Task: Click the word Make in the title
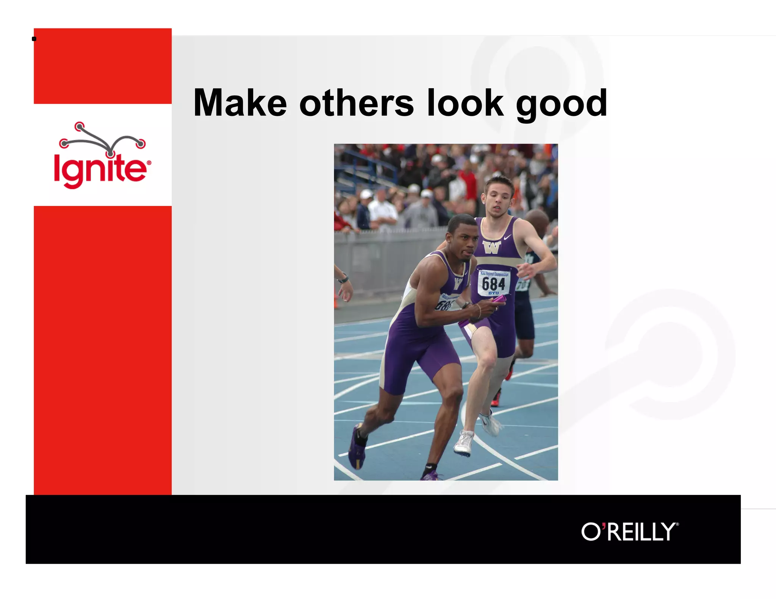click(x=240, y=103)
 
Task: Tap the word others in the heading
click(x=356, y=103)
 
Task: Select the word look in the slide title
click(x=466, y=103)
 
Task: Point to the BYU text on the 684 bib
click(x=493, y=293)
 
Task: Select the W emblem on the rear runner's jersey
click(x=492, y=247)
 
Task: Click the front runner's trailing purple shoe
click(x=357, y=447)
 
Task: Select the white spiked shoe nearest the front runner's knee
click(x=465, y=443)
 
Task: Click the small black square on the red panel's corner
click(x=34, y=39)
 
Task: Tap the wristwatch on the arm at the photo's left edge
click(x=343, y=279)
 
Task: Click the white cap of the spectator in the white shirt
click(x=366, y=194)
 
